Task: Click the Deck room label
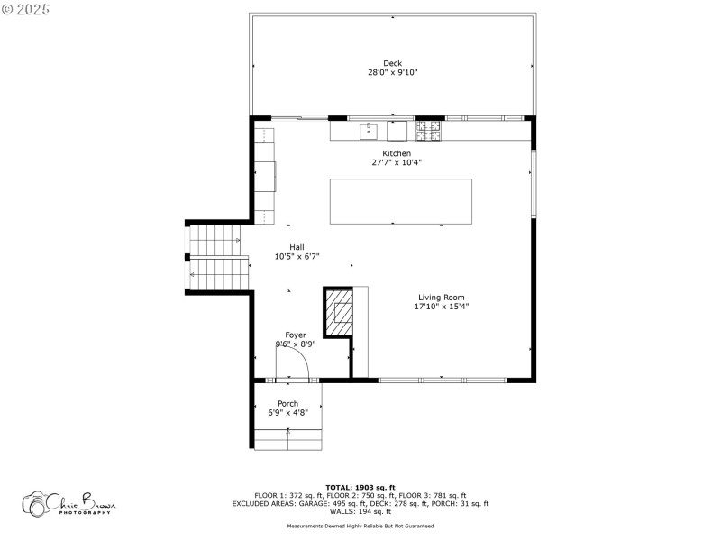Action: pyautogui.click(x=392, y=63)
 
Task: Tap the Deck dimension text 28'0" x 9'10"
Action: pyautogui.click(x=392, y=72)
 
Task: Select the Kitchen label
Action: pyautogui.click(x=397, y=153)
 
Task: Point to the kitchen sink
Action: pyautogui.click(x=369, y=132)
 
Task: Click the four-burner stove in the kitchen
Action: pyautogui.click(x=429, y=131)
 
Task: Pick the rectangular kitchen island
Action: pyautogui.click(x=400, y=201)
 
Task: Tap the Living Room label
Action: pyautogui.click(x=442, y=298)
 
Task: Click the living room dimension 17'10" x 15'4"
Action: pyautogui.click(x=442, y=307)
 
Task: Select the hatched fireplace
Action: pyautogui.click(x=341, y=312)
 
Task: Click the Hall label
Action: pyautogui.click(x=297, y=247)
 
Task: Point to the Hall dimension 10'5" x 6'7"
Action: pyautogui.click(x=297, y=256)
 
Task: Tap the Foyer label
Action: pyautogui.click(x=296, y=335)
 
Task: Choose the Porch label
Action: pyautogui.click(x=287, y=403)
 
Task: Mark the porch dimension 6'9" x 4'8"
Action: pyautogui.click(x=287, y=412)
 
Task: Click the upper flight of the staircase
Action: pyautogui.click(x=214, y=241)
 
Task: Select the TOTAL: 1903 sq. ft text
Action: pyautogui.click(x=360, y=487)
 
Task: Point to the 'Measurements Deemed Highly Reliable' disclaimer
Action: pyautogui.click(x=360, y=526)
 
